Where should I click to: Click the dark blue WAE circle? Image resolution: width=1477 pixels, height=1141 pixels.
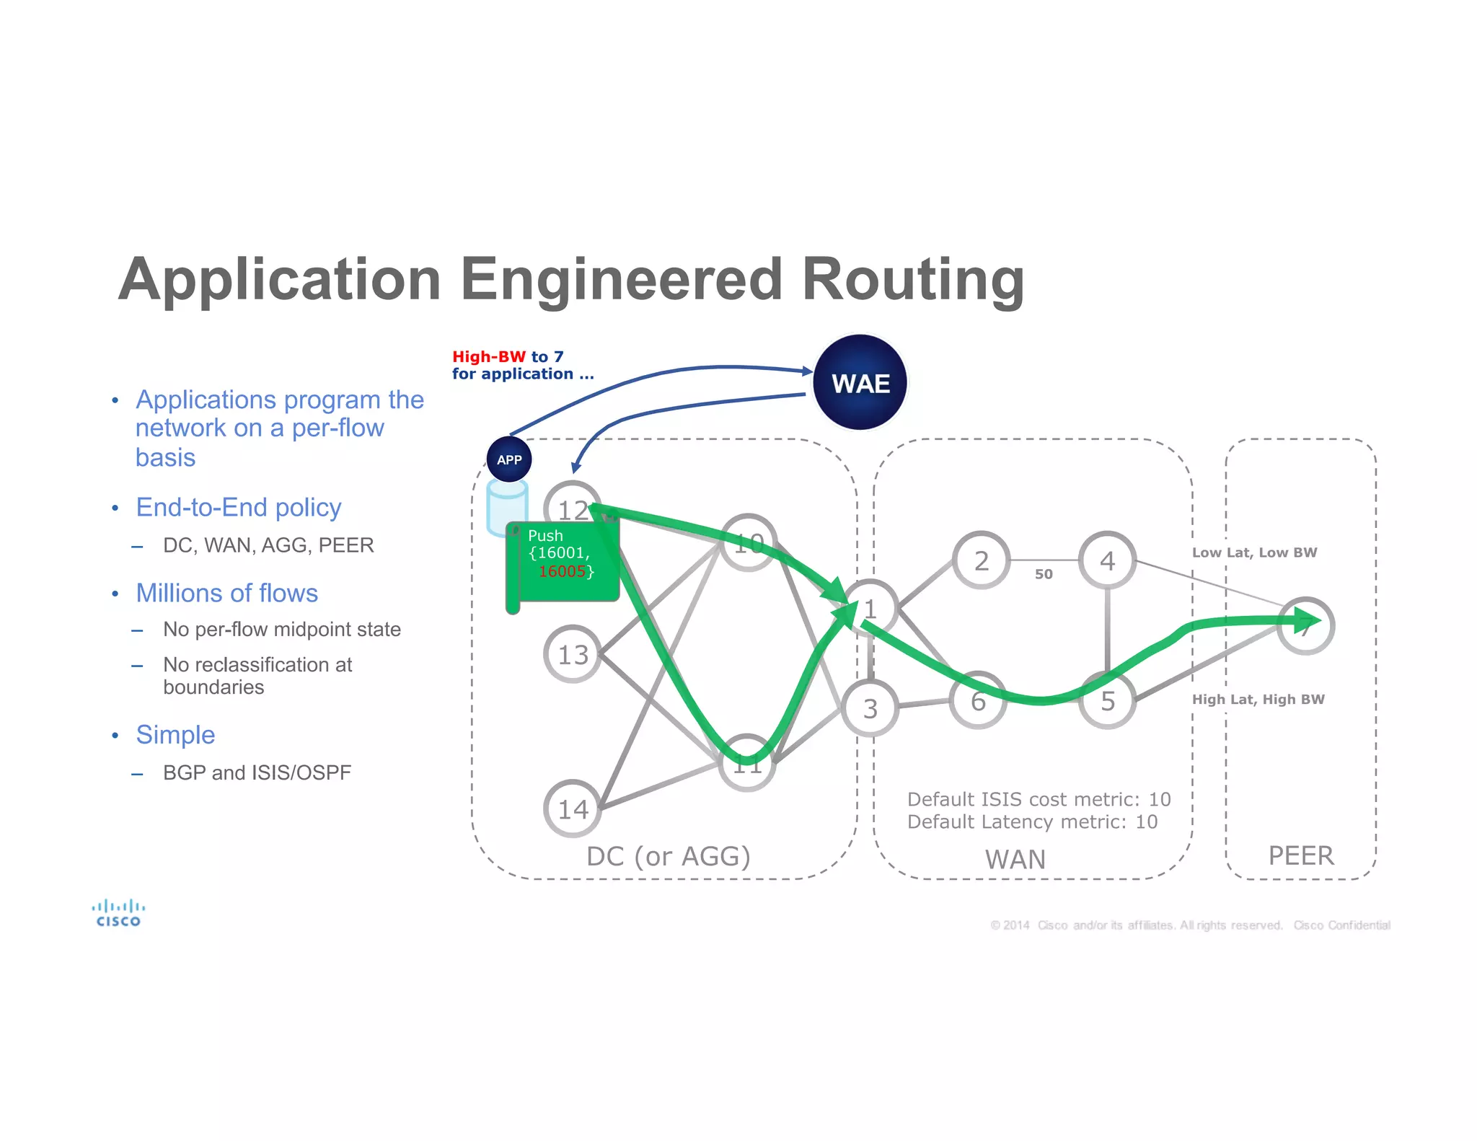pos(860,382)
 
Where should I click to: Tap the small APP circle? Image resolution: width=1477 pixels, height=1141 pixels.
pos(509,459)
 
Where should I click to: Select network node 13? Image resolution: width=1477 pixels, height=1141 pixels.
pos(573,654)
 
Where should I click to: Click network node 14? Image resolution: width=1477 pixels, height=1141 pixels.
pos(573,809)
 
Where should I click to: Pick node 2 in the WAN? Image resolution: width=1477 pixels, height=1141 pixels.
pos(981,560)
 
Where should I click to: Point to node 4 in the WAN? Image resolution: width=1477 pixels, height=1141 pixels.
pos(1107,560)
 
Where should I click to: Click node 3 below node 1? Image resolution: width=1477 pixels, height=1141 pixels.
pos(870,708)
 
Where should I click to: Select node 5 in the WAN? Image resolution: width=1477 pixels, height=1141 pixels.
pos(1107,700)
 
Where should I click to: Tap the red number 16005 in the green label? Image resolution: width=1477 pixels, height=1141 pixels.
pos(562,571)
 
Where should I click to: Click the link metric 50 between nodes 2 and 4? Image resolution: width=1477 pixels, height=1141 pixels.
pos(1044,574)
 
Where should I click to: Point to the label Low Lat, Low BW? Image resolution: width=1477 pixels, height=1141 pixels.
pos(1254,552)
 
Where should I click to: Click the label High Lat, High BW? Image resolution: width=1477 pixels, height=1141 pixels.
pos(1258,699)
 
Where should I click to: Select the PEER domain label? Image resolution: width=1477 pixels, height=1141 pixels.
pos(1301,855)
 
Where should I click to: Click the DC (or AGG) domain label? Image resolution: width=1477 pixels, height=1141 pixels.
pos(668,856)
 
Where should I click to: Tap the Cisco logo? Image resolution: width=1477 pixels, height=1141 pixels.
pos(118,912)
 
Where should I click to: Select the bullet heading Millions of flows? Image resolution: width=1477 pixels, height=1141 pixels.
pos(226,593)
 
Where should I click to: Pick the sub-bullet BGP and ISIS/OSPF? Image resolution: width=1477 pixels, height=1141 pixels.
pos(257,772)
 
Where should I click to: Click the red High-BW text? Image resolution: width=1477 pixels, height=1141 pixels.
pos(489,356)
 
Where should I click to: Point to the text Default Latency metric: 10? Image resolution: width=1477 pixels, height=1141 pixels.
pos(1032,821)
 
